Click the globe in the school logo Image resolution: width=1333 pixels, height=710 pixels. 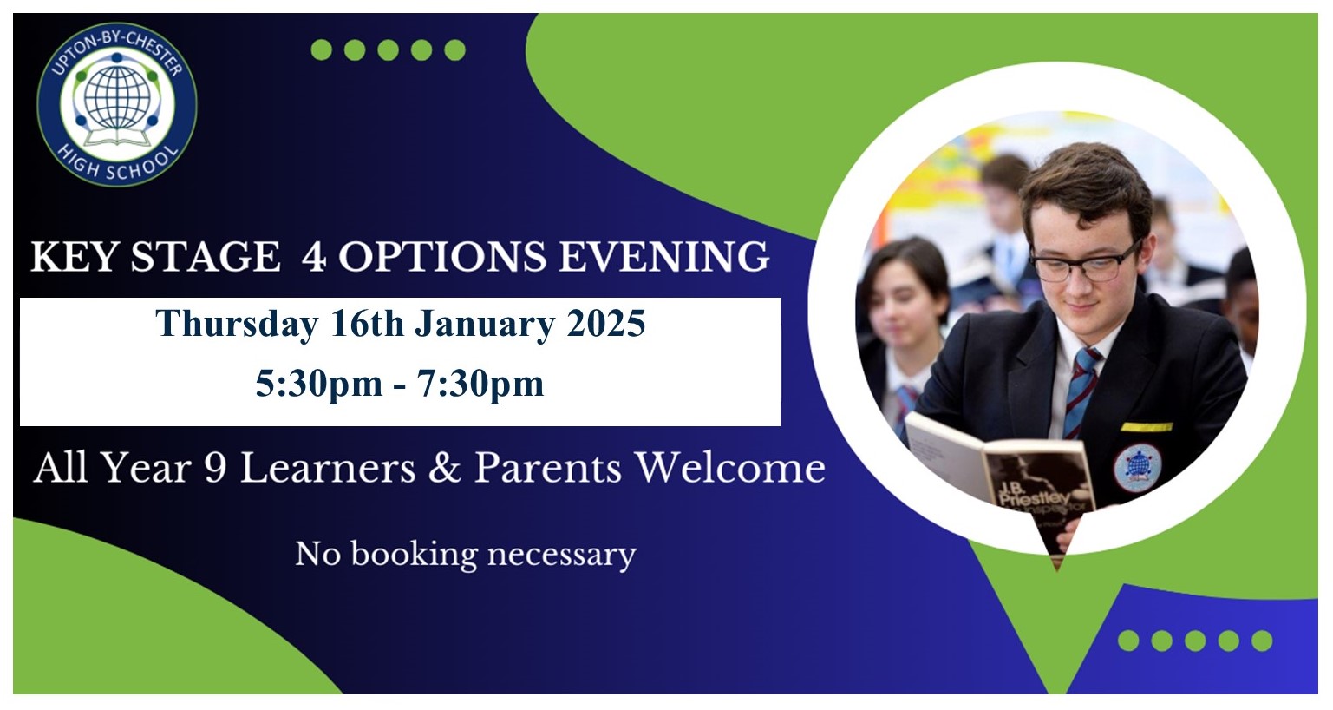click(x=115, y=98)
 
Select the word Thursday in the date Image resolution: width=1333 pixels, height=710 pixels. click(x=236, y=325)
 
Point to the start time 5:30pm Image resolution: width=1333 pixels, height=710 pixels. click(x=319, y=383)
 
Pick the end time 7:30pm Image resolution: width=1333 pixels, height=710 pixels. click(x=480, y=383)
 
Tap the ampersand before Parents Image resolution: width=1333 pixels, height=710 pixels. click(x=444, y=468)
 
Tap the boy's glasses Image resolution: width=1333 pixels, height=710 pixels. click(x=1084, y=262)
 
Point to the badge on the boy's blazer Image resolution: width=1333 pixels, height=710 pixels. click(x=1137, y=468)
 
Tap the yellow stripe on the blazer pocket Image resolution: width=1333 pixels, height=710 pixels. click(x=1147, y=426)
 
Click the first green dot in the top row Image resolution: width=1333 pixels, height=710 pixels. click(x=322, y=50)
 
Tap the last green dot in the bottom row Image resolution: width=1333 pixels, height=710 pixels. click(x=1262, y=641)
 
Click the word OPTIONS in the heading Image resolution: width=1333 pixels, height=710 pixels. click(x=442, y=257)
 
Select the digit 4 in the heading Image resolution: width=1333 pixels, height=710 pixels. click(x=313, y=257)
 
